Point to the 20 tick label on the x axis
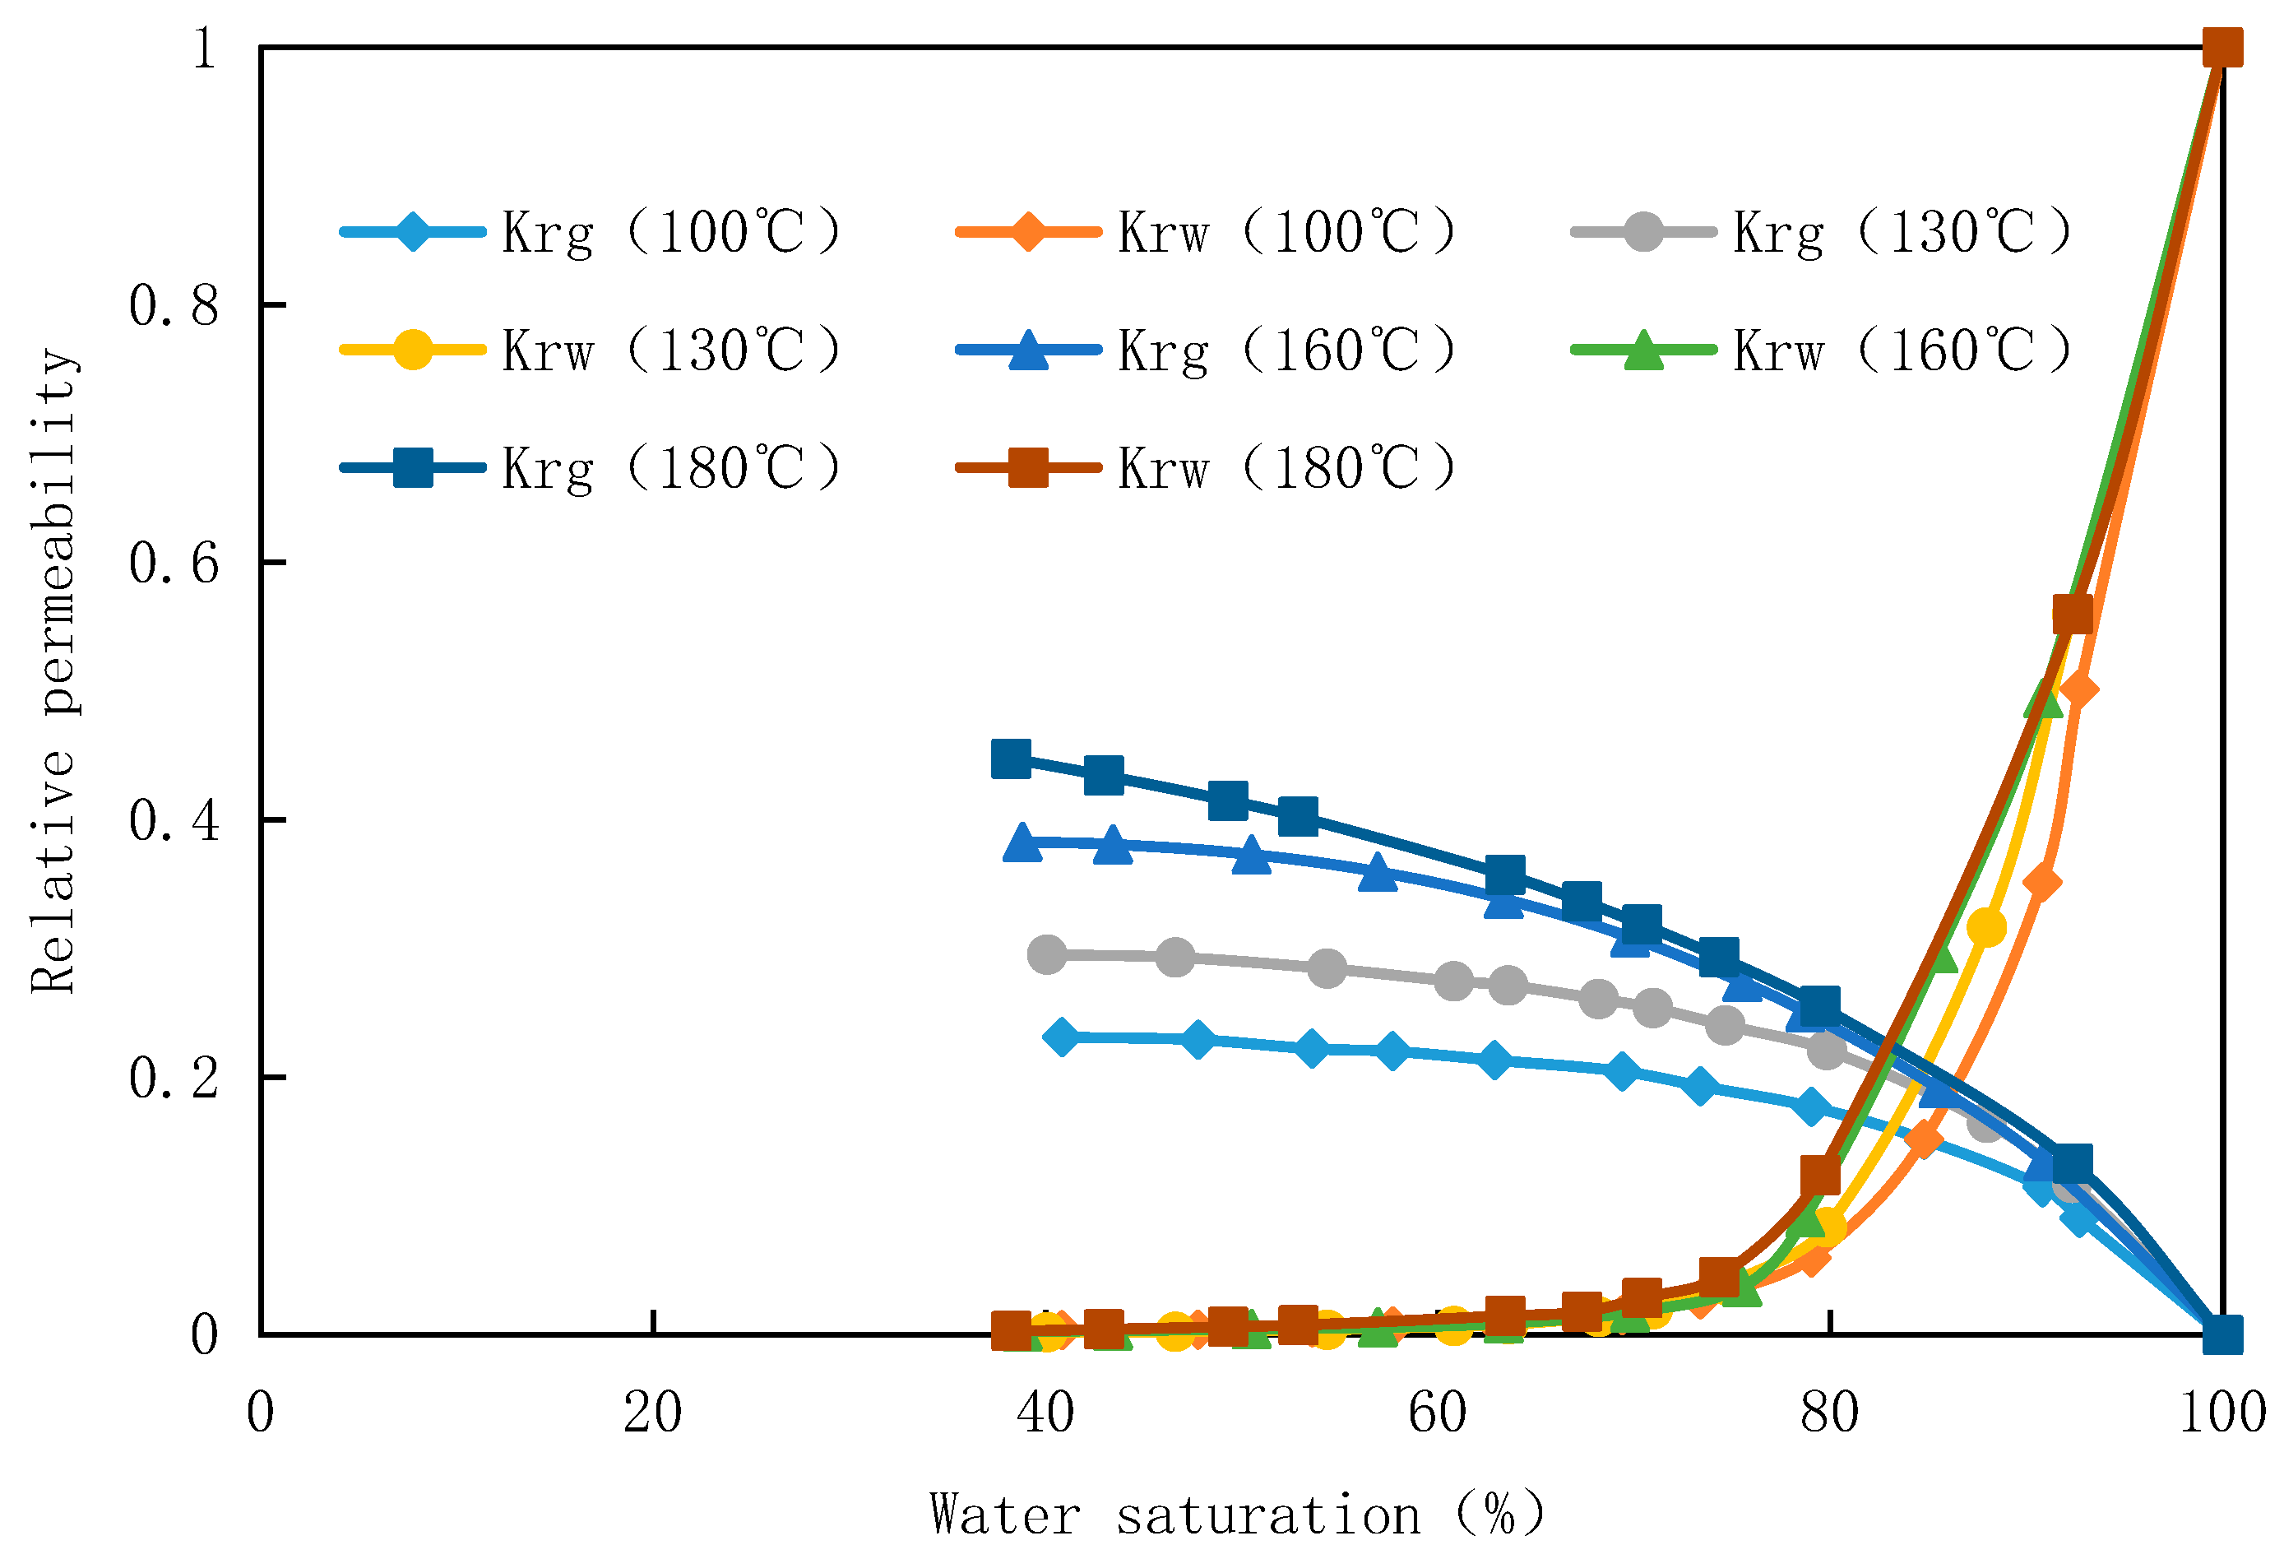652,1413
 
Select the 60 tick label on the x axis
1437,1413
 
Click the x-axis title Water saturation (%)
1237,1515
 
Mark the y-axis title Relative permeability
53,670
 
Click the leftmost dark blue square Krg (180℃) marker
1012,759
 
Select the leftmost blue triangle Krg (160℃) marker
1023,842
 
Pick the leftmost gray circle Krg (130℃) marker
1047,953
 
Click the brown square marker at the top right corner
2223,47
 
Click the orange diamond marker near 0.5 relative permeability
2078,690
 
